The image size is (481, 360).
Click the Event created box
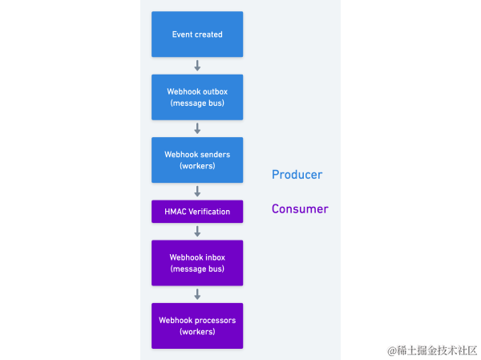197,34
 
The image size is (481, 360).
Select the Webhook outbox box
197,97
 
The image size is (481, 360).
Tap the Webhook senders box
197,160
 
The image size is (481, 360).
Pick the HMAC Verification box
197,212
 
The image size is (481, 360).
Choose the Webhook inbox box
197,263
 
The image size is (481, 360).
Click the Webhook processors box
197,326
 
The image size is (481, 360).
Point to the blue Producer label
297,175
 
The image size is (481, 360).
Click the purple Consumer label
300,209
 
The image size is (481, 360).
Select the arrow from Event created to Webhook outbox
197,66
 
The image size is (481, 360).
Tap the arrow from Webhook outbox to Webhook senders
197,128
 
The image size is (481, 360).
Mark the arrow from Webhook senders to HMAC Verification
197,192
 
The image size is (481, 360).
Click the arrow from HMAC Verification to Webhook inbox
197,232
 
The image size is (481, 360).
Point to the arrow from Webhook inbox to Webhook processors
197,294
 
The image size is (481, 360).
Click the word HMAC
176,212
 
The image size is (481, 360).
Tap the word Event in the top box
183,34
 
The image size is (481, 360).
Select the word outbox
214,92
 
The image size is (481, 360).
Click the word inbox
214,257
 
